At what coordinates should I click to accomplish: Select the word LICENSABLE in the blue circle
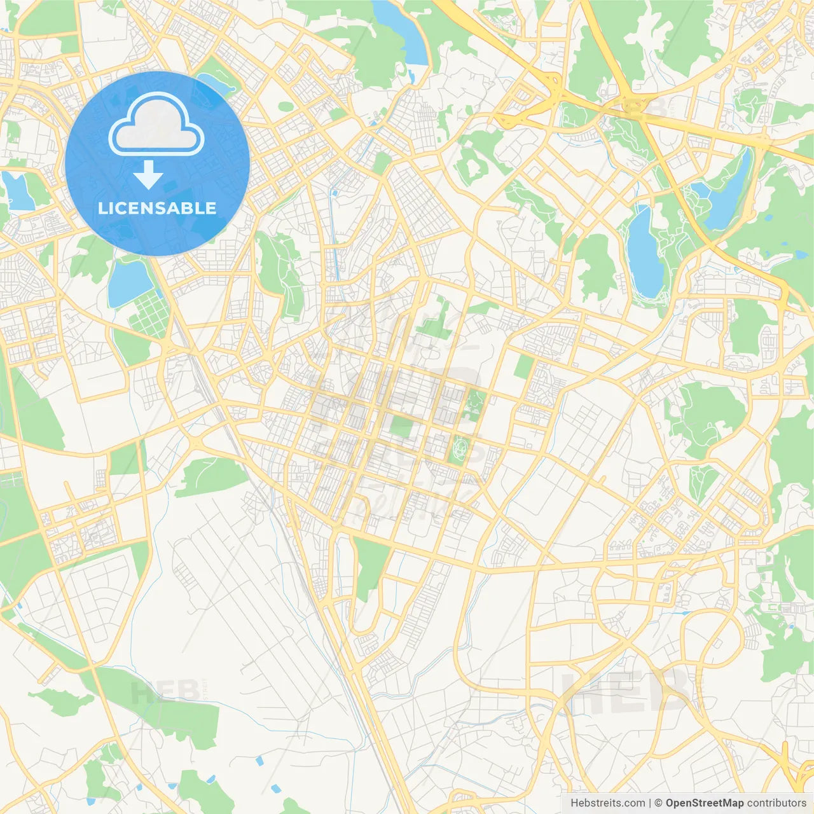click(157, 208)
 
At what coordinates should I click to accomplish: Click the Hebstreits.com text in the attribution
click(607, 803)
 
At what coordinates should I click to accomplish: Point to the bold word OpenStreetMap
click(704, 803)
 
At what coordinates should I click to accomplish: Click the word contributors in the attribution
click(776, 803)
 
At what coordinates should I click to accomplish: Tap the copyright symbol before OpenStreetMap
click(659, 803)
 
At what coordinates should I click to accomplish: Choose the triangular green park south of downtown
click(370, 566)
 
